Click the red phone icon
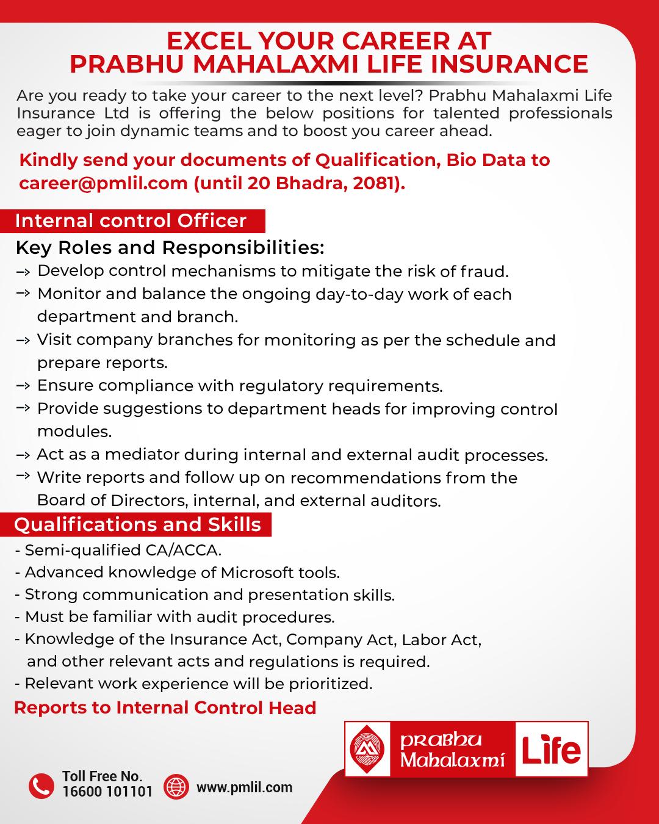(41, 786)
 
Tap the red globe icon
(177, 786)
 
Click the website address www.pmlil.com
(244, 787)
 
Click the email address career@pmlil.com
(103, 184)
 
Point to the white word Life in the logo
(551, 750)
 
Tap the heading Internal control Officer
(131, 221)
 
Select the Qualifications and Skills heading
(138, 525)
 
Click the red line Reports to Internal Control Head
(165, 708)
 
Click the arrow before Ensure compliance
(23, 386)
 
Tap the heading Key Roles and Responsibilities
(170, 248)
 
